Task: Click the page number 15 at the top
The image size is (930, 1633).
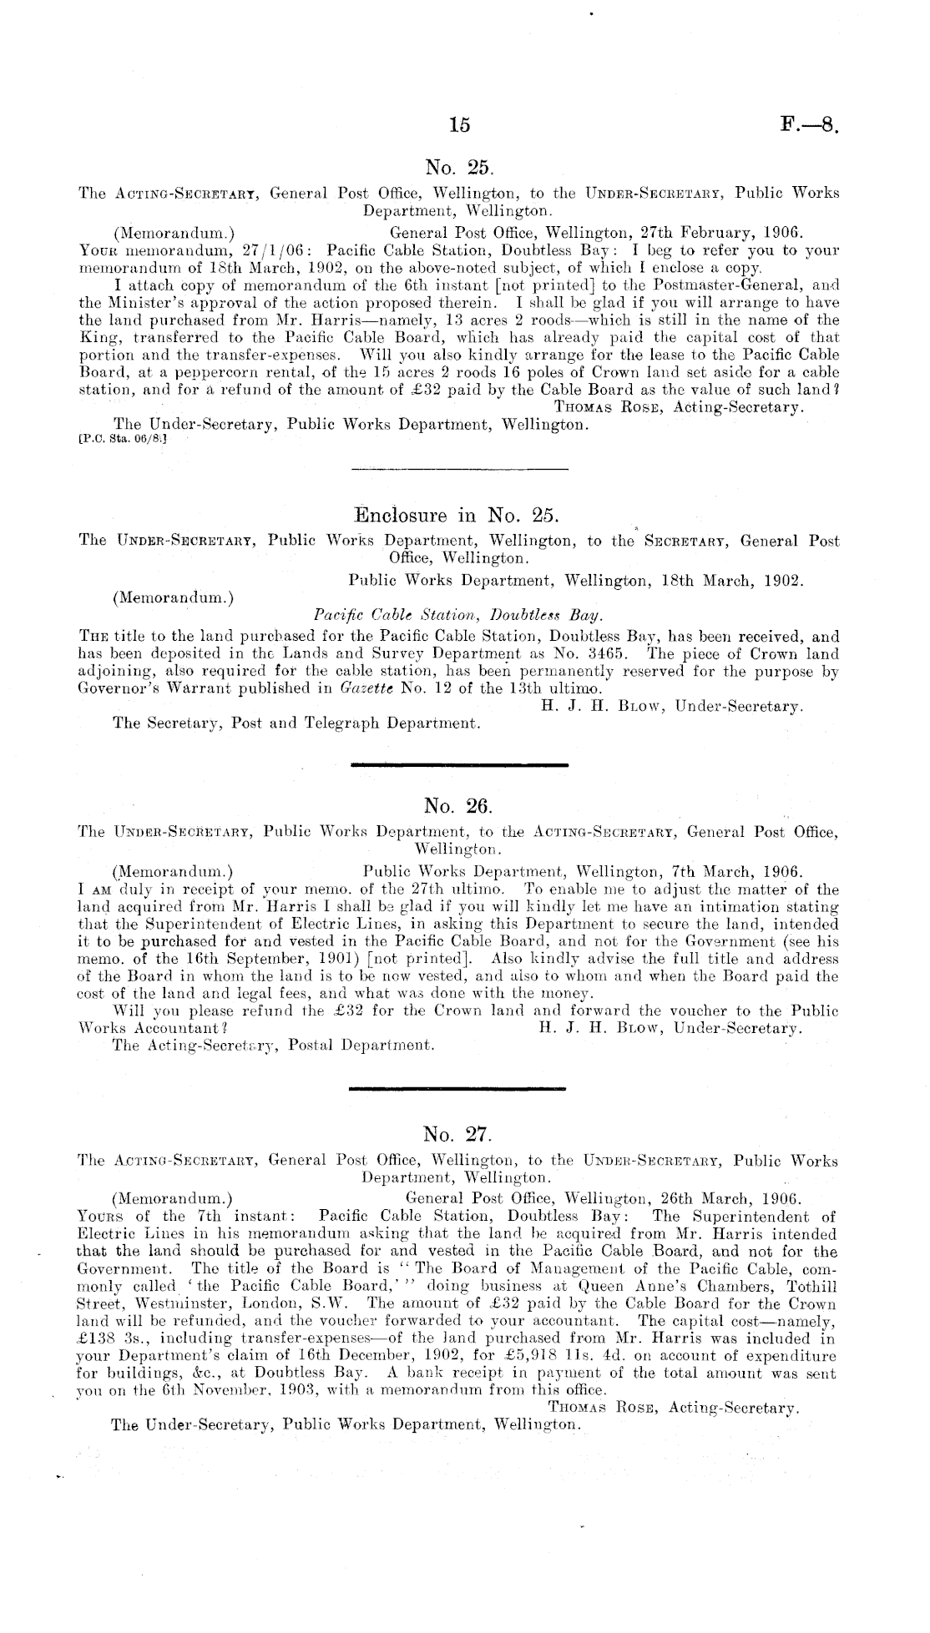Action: [x=459, y=125]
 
